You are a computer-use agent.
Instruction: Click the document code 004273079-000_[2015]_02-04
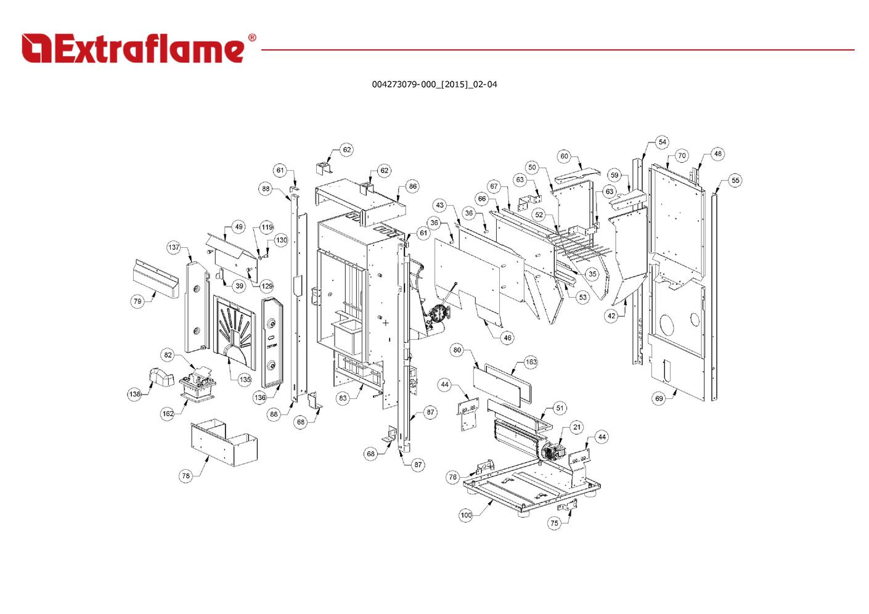(434, 84)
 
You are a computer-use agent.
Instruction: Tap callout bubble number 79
(137, 301)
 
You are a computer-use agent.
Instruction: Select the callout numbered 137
(174, 247)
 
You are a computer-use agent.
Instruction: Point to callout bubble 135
(245, 379)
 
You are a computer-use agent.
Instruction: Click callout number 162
(168, 414)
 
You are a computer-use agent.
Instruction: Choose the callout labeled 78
(186, 475)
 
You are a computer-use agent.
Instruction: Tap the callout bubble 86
(412, 186)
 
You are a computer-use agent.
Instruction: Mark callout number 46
(507, 338)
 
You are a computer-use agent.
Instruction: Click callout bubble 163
(531, 362)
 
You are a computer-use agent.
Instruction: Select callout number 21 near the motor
(576, 427)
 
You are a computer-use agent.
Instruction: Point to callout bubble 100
(466, 515)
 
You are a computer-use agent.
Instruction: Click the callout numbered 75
(554, 523)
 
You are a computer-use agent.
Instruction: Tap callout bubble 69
(659, 398)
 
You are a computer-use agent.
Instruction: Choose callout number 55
(735, 181)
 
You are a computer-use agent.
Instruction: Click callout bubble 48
(717, 153)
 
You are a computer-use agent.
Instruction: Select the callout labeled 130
(281, 240)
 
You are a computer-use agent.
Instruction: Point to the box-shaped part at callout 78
(224, 443)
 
